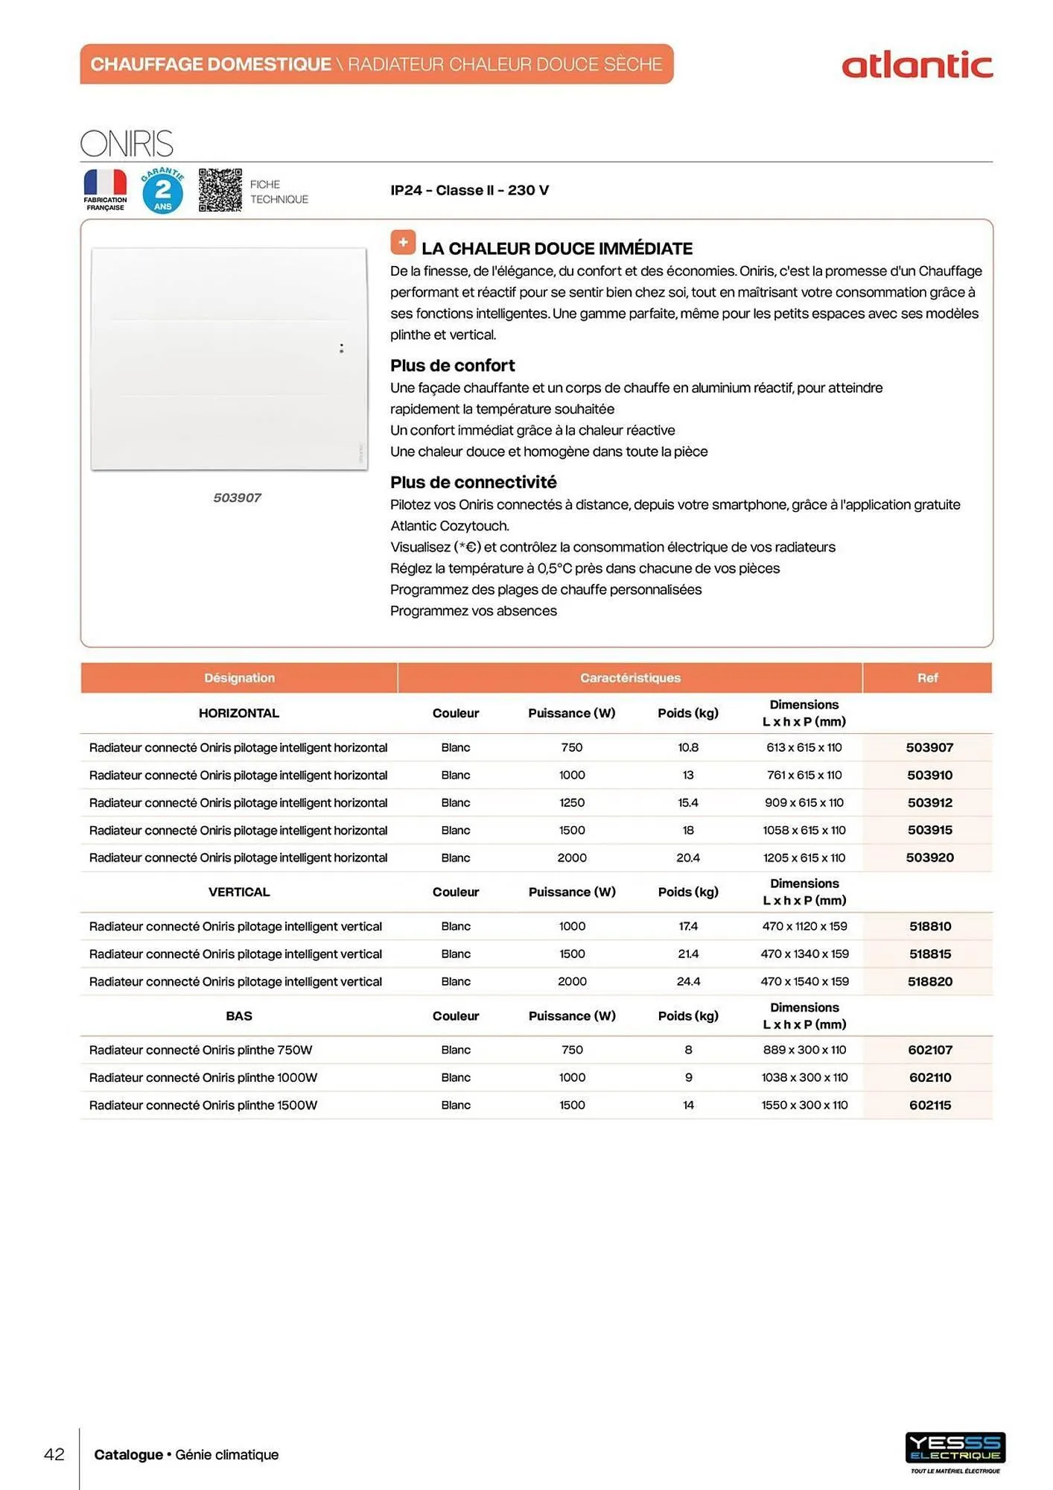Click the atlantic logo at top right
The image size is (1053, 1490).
click(x=917, y=66)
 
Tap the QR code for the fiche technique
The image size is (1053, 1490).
click(x=220, y=190)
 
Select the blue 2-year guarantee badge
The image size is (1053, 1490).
click(x=162, y=191)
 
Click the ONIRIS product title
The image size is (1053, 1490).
click(x=127, y=144)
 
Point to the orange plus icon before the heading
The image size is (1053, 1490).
click(x=403, y=243)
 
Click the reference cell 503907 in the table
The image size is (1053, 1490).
click(x=929, y=747)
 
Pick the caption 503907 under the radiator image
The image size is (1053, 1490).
click(x=237, y=498)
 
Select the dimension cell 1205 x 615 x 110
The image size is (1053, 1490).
click(x=804, y=857)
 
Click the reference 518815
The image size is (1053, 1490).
click(x=929, y=954)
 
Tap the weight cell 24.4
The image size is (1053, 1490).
click(x=687, y=981)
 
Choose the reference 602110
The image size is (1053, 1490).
click(x=929, y=1077)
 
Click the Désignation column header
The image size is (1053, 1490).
click(x=239, y=678)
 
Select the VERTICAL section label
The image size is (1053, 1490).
click(x=239, y=892)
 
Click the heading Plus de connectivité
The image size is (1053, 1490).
click(x=473, y=482)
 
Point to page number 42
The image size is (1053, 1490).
click(x=54, y=1454)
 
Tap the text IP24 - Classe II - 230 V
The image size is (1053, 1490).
click(x=469, y=190)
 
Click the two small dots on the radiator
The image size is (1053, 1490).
click(x=341, y=348)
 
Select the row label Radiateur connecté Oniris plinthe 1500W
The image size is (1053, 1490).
click(x=203, y=1105)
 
